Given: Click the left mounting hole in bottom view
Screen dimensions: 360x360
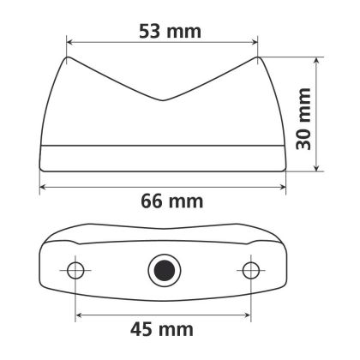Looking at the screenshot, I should point(76,271).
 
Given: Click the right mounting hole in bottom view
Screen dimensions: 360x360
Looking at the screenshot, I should point(250,271).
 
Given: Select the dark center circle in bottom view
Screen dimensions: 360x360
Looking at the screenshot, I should point(161,271).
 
